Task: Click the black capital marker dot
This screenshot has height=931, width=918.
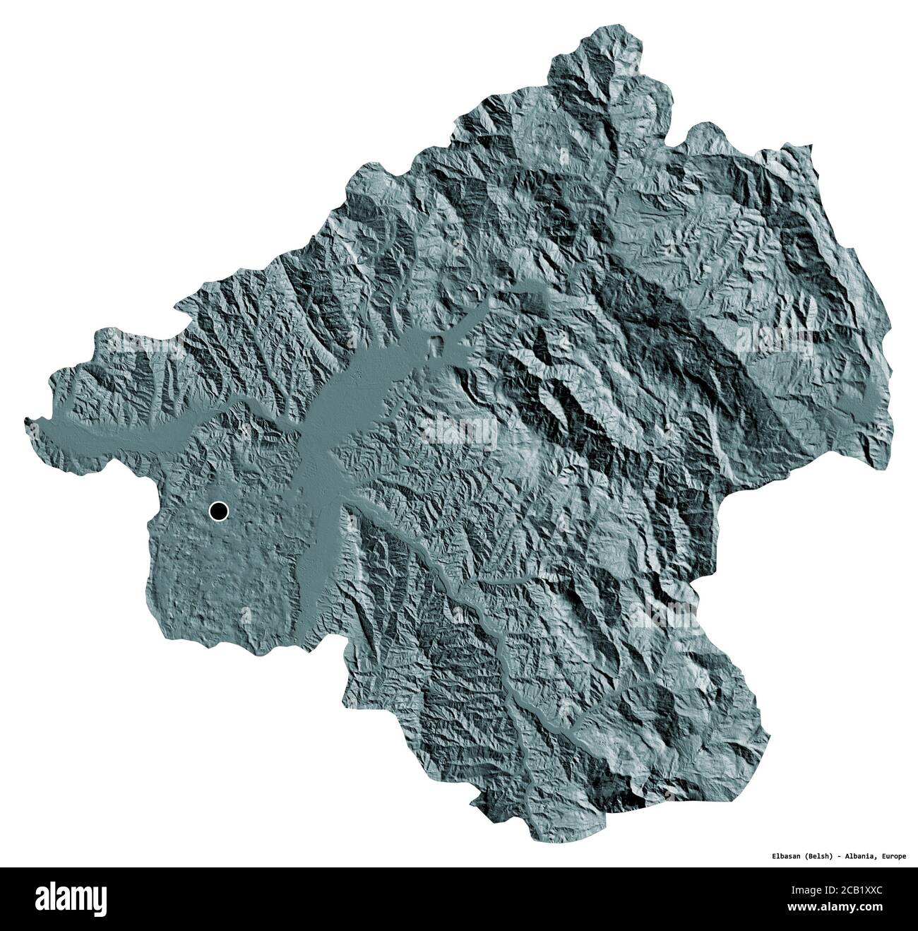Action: click(x=219, y=511)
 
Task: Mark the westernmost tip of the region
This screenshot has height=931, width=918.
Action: click(x=26, y=422)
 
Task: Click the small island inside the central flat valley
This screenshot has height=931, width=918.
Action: click(x=439, y=346)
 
